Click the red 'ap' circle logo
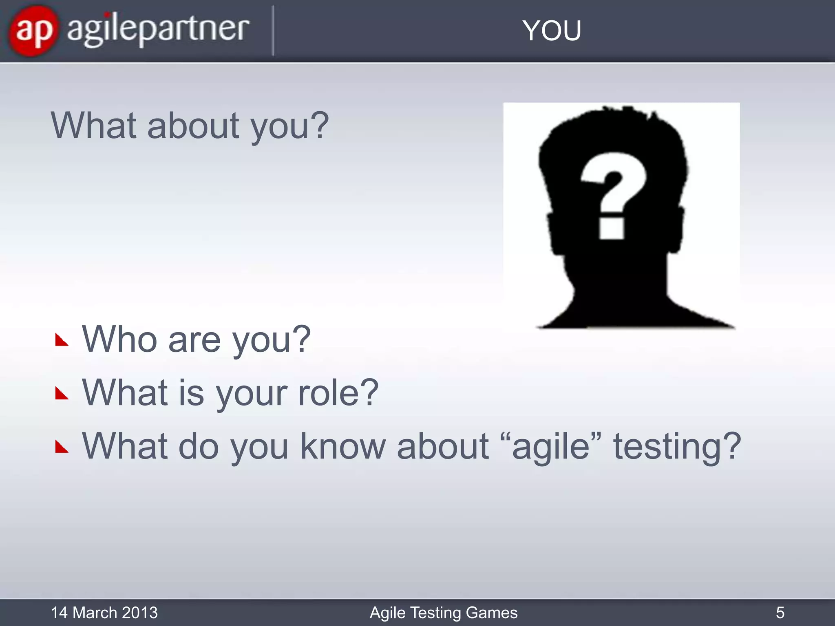tap(33, 31)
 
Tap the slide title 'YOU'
tap(552, 31)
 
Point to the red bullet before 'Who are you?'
tap(62, 340)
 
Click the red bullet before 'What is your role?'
tap(62, 394)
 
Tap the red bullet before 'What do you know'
tap(62, 447)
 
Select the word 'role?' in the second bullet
tap(338, 393)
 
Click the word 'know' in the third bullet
tap(343, 446)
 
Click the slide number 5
tap(780, 613)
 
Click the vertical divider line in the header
tap(273, 31)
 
